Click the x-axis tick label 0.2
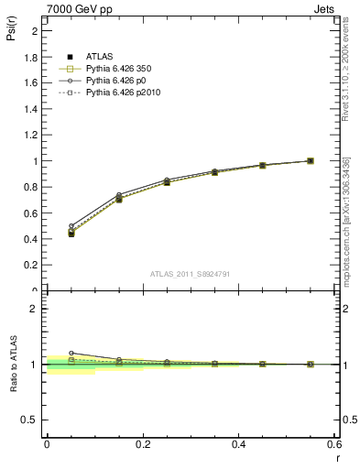(142, 444)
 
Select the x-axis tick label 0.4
(238, 444)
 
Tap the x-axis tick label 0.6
(333, 444)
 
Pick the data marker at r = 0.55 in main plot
(311, 161)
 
